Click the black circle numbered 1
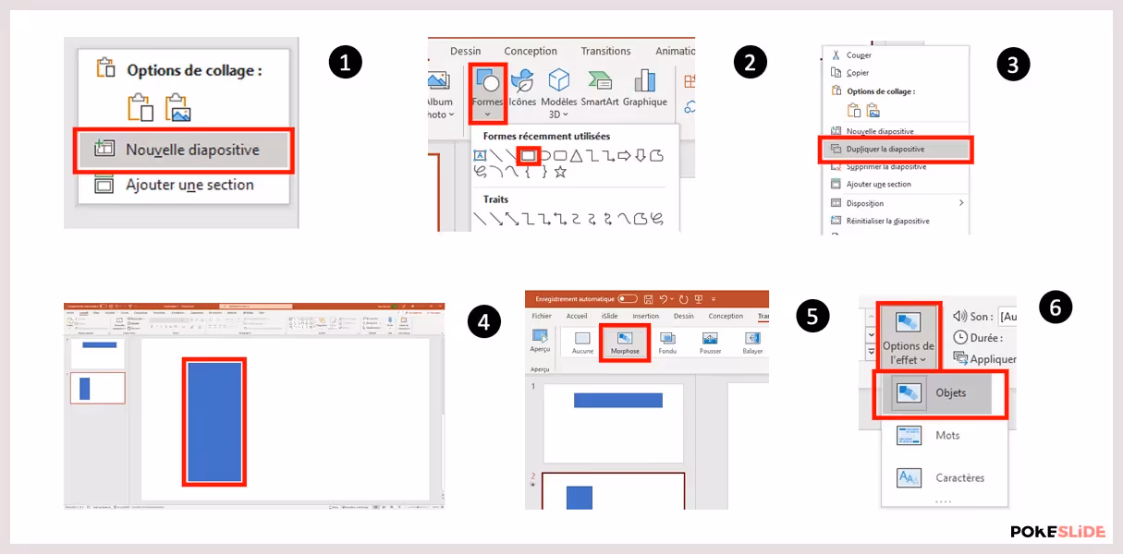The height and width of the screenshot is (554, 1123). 346,62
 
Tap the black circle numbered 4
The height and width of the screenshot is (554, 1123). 484,320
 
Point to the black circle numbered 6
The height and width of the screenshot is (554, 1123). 1056,307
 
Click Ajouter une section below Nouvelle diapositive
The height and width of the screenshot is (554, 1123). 189,185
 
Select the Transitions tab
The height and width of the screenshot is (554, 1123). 605,52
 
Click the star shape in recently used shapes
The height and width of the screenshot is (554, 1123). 560,172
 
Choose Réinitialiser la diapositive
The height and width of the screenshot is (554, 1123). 887,221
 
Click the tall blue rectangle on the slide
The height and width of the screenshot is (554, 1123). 214,422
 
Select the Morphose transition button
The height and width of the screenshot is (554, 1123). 625,343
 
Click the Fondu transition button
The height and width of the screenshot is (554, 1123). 667,343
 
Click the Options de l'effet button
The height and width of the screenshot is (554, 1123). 908,336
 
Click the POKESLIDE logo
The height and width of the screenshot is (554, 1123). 1057,532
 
